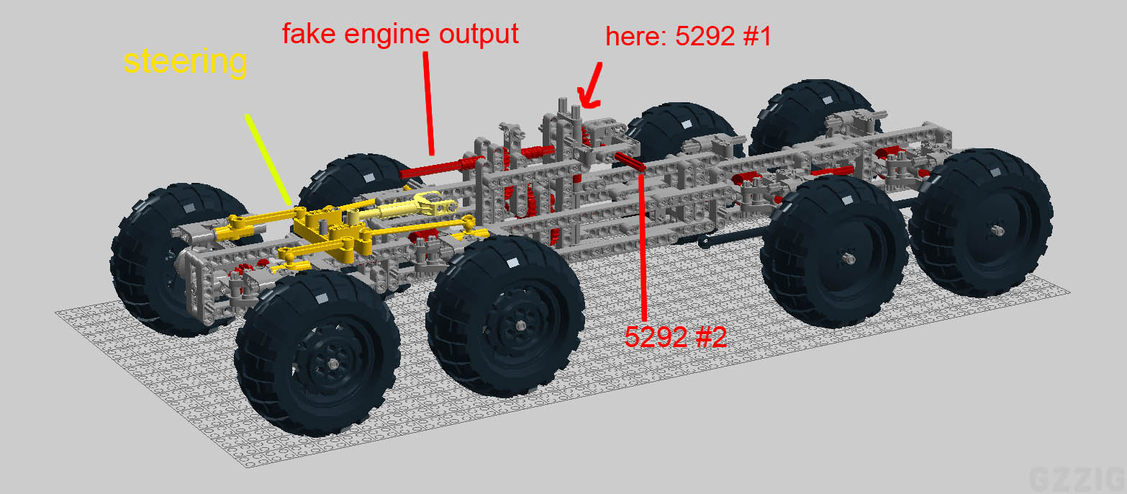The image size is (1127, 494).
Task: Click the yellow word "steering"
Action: click(x=185, y=62)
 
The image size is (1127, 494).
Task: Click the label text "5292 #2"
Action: click(x=675, y=336)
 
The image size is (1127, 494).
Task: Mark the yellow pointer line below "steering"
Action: click(x=268, y=161)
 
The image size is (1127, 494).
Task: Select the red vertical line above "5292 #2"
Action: click(x=643, y=245)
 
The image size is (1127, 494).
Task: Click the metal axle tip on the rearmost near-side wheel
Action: click(x=999, y=230)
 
